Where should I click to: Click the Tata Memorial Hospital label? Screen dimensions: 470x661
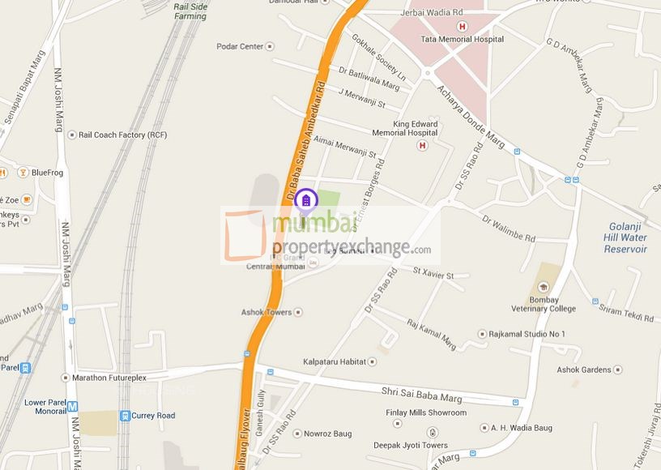click(462, 39)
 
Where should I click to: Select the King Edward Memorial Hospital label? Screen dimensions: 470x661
click(404, 127)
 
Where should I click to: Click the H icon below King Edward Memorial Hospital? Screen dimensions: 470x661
click(421, 145)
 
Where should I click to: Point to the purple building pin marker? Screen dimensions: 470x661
click(305, 199)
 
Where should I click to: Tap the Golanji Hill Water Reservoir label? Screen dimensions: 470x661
click(625, 237)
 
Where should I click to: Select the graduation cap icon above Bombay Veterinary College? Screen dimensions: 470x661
click(544, 286)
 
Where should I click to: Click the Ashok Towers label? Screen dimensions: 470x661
click(267, 312)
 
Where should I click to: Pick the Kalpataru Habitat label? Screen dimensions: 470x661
click(335, 361)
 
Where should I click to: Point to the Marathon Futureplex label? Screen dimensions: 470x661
click(110, 378)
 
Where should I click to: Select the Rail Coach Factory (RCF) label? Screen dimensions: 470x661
click(117, 135)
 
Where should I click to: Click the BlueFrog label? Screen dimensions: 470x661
click(46, 173)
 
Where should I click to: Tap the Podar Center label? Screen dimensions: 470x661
click(240, 46)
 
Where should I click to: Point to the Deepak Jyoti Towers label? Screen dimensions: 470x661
click(410, 446)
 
